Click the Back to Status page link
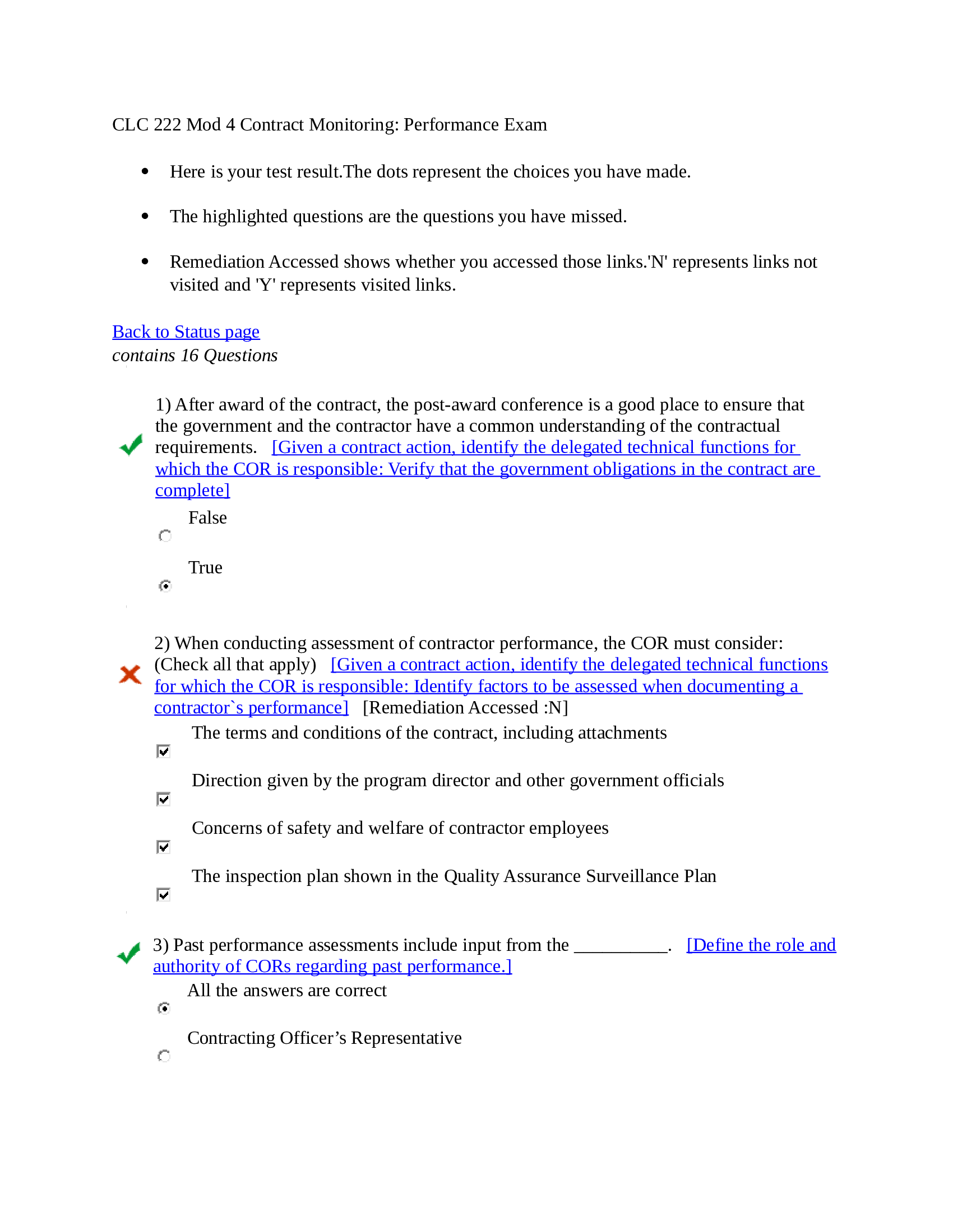[x=186, y=332]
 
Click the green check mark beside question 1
[x=131, y=446]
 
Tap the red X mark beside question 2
[x=131, y=674]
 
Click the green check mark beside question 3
[x=129, y=954]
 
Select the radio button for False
[x=165, y=536]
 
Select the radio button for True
[x=165, y=586]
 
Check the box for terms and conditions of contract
[x=164, y=752]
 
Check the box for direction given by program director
[x=164, y=799]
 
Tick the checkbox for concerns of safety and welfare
[x=164, y=847]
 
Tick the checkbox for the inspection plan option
[x=164, y=895]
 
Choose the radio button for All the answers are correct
[x=164, y=1008]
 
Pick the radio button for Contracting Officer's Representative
[x=164, y=1056]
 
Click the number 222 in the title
[x=167, y=125]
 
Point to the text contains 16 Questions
[x=195, y=356]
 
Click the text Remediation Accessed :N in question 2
[x=465, y=708]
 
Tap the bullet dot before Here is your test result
[x=145, y=171]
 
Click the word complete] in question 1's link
[x=192, y=491]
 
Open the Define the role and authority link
[x=761, y=945]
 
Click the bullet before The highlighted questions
[x=145, y=217]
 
